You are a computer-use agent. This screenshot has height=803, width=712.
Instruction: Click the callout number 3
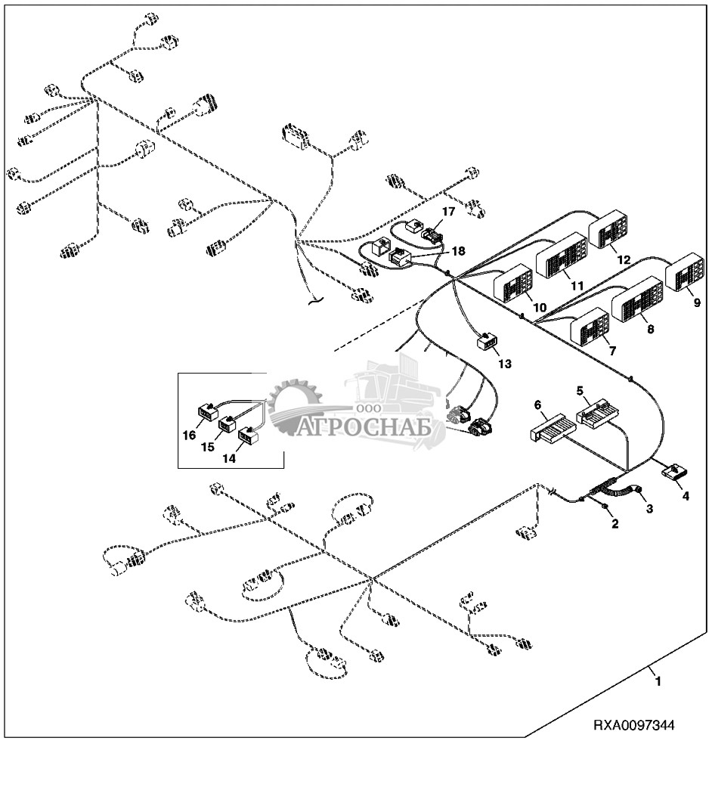click(x=649, y=508)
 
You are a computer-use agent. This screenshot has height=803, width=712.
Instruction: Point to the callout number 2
click(x=614, y=523)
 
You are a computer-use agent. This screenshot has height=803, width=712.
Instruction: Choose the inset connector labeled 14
click(x=248, y=435)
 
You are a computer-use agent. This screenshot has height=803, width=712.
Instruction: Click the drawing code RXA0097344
click(x=633, y=725)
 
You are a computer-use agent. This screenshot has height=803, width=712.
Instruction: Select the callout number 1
click(x=658, y=681)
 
